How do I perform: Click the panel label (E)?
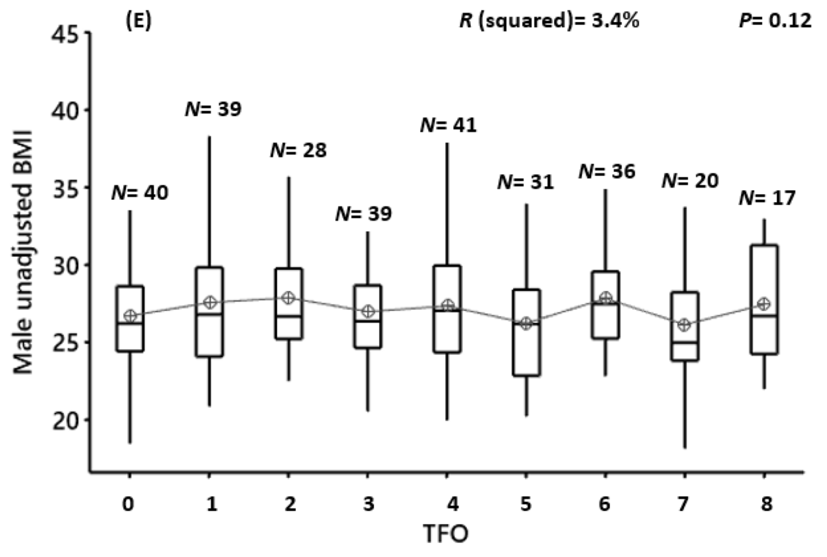[x=138, y=22]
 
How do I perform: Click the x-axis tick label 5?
[x=526, y=504]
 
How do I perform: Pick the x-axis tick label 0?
[x=129, y=504]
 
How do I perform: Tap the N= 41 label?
[x=448, y=125]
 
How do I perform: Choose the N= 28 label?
[x=298, y=150]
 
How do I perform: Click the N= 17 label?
[x=767, y=198]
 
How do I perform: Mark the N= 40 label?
[x=140, y=193]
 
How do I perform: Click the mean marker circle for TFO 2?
[x=289, y=298]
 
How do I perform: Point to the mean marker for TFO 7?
[x=684, y=324]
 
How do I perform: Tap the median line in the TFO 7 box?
[x=684, y=342]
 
